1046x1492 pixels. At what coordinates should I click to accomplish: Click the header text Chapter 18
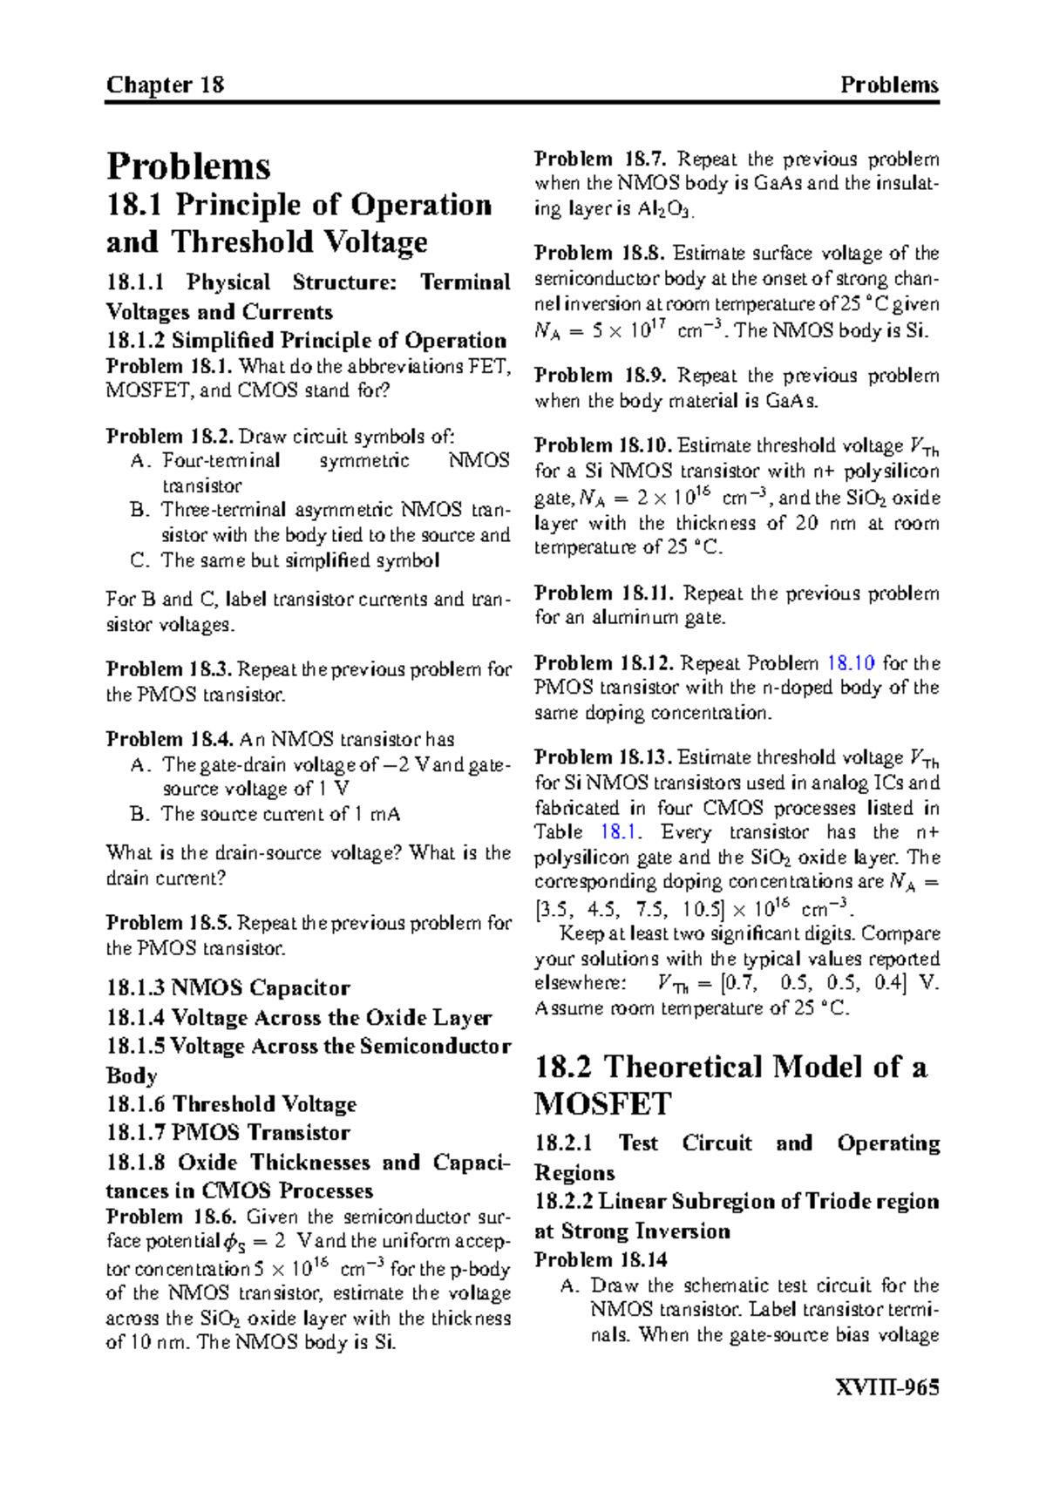[165, 85]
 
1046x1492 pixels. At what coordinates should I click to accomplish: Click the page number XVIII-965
[886, 1387]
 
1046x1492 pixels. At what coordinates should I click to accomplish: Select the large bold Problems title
[188, 166]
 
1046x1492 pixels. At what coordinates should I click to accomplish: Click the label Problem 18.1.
[170, 366]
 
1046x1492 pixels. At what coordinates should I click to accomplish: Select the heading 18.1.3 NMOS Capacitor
[228, 988]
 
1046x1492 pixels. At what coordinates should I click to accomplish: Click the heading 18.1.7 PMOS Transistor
[228, 1133]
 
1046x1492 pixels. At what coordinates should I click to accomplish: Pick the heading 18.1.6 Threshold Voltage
[231, 1104]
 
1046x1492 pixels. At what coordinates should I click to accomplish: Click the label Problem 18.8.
[601, 254]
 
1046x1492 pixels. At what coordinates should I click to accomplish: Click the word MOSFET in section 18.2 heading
[602, 1104]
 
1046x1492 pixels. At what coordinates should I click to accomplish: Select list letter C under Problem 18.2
[139, 560]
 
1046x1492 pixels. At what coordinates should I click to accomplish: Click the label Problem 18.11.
[604, 593]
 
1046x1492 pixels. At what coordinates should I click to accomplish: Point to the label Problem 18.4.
[170, 739]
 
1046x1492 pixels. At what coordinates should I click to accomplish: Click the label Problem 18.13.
[602, 756]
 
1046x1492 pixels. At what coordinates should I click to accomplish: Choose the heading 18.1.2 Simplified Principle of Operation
[306, 341]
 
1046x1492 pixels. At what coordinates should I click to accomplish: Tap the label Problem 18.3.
[170, 669]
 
